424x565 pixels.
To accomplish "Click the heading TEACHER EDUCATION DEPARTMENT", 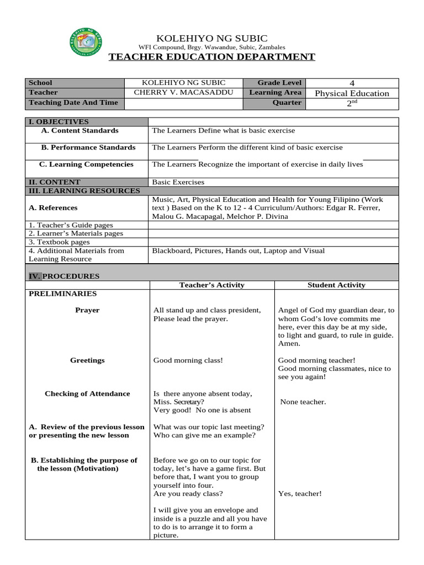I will coord(211,57).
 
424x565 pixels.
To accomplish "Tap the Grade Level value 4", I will coord(352,83).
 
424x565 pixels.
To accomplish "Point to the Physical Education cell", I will coord(352,93).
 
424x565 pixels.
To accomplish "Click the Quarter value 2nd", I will coord(352,103).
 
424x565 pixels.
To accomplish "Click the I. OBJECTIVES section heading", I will coord(59,122).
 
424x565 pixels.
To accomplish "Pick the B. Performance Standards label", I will coord(88,148).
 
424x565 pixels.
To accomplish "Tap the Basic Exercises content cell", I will coord(178,182).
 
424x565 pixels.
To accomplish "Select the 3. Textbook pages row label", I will coord(59,242).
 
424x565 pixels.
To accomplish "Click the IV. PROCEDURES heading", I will coord(64,276).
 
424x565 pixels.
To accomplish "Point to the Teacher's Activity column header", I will coord(211,285).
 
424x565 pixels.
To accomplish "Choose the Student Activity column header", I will coord(336,285).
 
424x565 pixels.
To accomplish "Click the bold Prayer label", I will coord(87,310).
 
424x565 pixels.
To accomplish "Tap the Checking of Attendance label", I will coord(87,394).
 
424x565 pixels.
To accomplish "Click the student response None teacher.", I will coord(303,402).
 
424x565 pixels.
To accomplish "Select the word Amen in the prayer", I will coord(289,344).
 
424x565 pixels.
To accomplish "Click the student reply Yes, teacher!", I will coord(300,494).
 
